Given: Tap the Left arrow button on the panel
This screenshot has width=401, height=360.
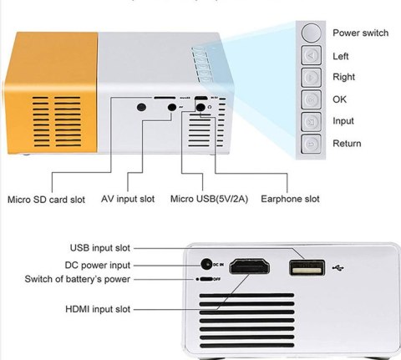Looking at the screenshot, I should pyautogui.click(x=309, y=57).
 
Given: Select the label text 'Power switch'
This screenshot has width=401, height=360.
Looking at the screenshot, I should pyautogui.click(x=360, y=33).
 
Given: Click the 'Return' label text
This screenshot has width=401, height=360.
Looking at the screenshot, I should pyautogui.click(x=347, y=144).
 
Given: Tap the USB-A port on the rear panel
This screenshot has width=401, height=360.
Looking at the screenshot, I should pyautogui.click(x=306, y=268).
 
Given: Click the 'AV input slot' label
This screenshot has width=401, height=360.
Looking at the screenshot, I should pyautogui.click(x=128, y=200).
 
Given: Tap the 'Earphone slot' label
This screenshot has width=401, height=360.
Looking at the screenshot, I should pyautogui.click(x=290, y=200).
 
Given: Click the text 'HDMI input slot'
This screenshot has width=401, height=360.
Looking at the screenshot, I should pyautogui.click(x=101, y=310).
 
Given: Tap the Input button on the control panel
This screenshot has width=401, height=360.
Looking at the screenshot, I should pyautogui.click(x=309, y=122).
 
